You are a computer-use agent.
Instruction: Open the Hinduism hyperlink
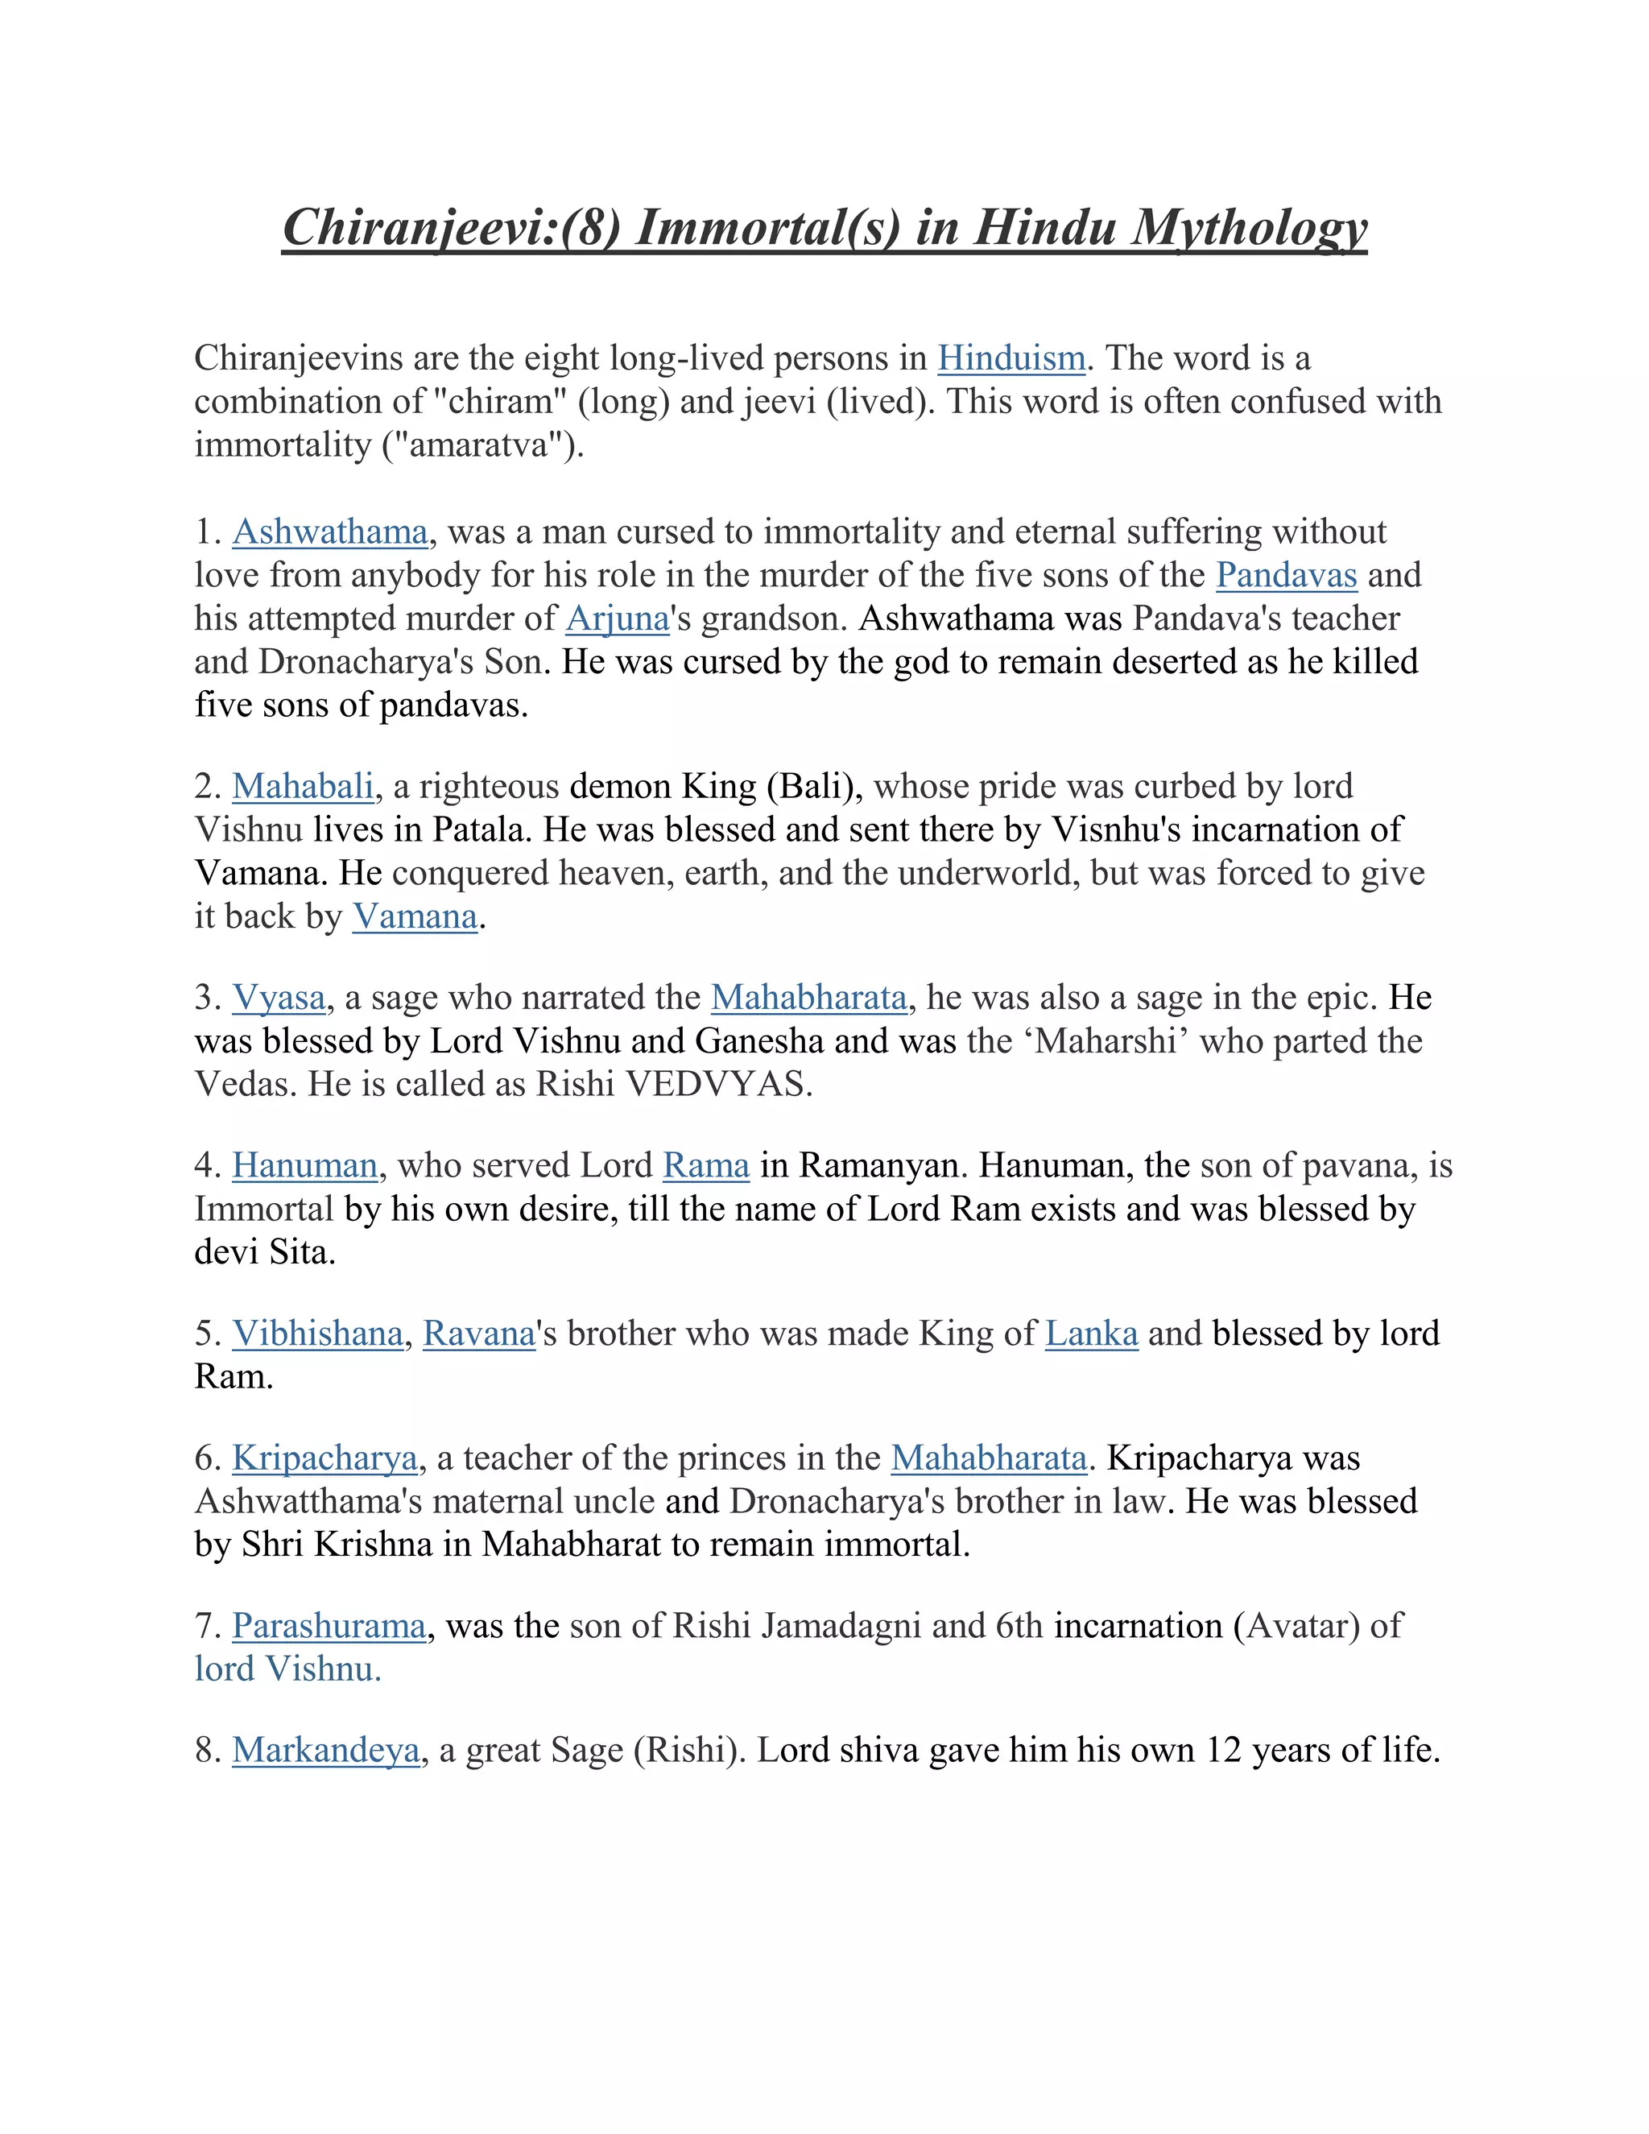click(1011, 358)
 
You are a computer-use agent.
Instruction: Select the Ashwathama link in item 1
click(330, 531)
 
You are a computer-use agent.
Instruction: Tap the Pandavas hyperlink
click(1286, 576)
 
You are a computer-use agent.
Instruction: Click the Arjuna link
click(618, 618)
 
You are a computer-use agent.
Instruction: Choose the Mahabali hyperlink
click(303, 787)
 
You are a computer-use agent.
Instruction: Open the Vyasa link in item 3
click(279, 998)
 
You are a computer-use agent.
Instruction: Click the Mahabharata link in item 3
click(809, 998)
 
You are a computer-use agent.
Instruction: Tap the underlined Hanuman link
click(305, 1166)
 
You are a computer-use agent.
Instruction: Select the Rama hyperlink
click(705, 1166)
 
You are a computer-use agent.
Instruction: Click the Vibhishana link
click(317, 1334)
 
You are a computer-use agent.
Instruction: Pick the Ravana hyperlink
click(479, 1334)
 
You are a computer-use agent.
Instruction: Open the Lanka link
click(1091, 1334)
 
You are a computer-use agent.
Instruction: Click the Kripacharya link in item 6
click(324, 1458)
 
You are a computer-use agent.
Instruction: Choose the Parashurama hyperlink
click(329, 1626)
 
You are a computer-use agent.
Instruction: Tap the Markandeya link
click(325, 1750)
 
